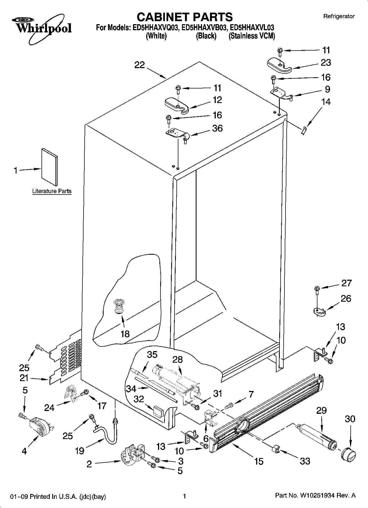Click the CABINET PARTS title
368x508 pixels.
pyautogui.click(x=184, y=17)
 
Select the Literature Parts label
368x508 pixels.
pyautogui.click(x=52, y=191)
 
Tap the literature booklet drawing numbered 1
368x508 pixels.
pyautogui.click(x=49, y=166)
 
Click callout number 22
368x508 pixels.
pyautogui.click(x=139, y=65)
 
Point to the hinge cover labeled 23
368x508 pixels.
pyautogui.click(x=279, y=65)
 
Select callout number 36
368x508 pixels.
pyautogui.click(x=217, y=128)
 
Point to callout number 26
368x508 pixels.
pyautogui.click(x=346, y=298)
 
